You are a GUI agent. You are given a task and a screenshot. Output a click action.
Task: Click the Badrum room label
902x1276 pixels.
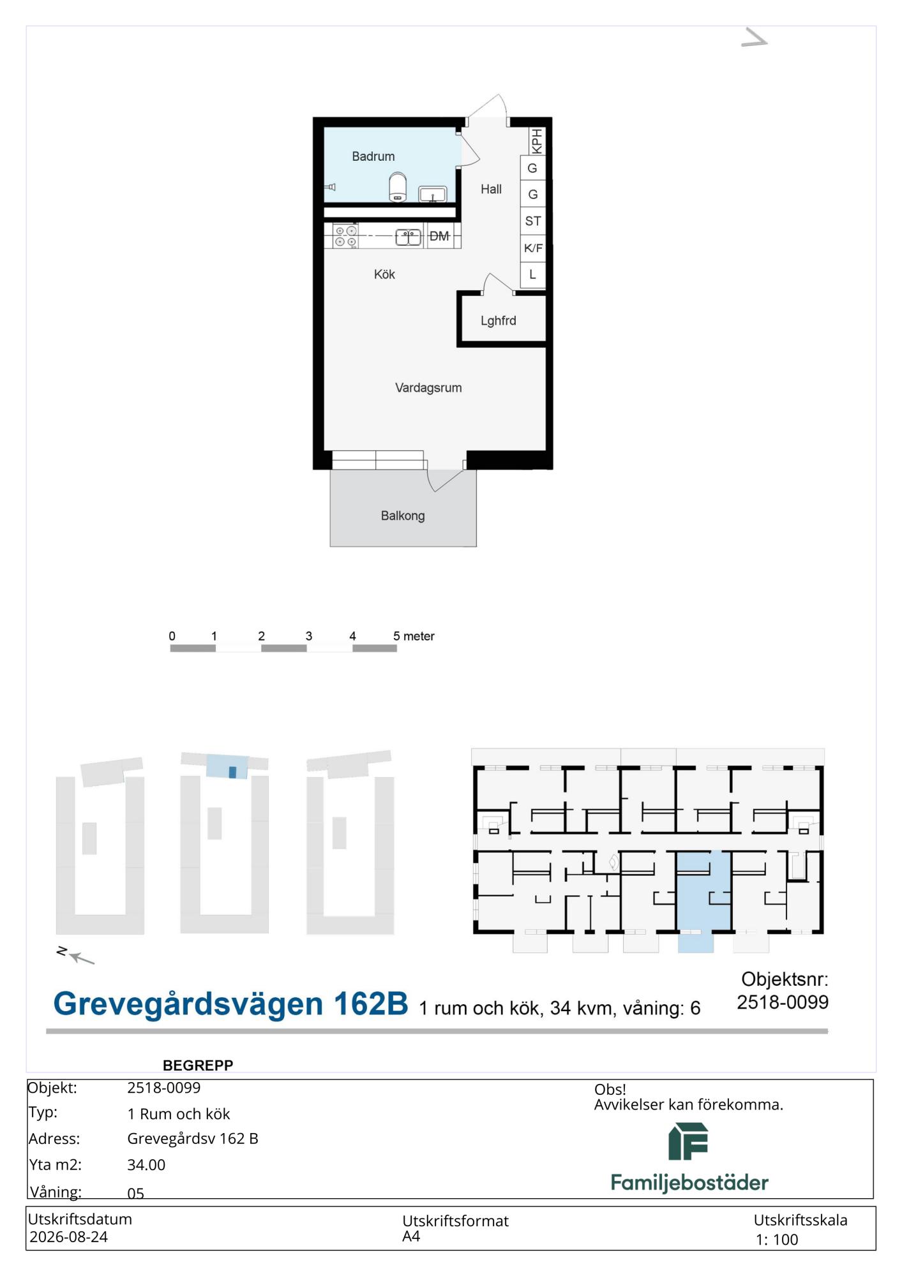coord(373,156)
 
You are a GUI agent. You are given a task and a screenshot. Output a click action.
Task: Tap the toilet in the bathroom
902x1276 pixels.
coord(398,187)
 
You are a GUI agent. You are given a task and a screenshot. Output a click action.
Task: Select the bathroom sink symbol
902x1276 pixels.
coord(433,194)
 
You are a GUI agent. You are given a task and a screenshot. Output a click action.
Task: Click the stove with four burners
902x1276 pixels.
coord(345,236)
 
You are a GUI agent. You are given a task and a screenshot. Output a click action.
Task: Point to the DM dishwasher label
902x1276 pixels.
coord(439,236)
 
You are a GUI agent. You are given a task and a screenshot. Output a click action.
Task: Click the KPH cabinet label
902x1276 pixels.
coord(537,141)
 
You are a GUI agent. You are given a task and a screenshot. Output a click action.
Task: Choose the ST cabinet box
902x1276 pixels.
coord(533,221)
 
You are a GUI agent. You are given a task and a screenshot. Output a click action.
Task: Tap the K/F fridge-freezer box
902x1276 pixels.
coord(533,248)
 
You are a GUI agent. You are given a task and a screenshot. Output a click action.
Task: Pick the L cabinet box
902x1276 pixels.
coord(533,275)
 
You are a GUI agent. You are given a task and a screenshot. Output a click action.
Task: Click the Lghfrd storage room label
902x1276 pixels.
coord(499,321)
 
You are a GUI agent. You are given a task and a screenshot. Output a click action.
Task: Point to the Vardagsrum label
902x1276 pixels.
coord(428,388)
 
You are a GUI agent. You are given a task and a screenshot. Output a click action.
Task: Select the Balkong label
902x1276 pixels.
coord(403,516)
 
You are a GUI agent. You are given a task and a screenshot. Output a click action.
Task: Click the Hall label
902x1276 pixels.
coord(491,189)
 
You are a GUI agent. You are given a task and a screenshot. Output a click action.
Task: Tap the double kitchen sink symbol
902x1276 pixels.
coord(409,237)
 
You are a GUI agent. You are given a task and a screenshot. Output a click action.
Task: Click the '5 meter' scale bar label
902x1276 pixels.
coord(414,636)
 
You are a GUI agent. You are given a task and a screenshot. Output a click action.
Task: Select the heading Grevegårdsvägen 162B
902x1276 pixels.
coord(230,1004)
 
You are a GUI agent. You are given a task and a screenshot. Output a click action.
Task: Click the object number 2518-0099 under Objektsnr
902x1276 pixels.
coord(783,1002)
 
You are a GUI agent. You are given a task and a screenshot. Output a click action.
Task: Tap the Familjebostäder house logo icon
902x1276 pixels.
coord(688,1141)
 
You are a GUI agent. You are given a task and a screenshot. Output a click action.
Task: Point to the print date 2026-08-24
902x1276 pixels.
coord(68,1236)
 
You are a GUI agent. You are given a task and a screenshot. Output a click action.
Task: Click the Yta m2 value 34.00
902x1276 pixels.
coord(146,1164)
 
